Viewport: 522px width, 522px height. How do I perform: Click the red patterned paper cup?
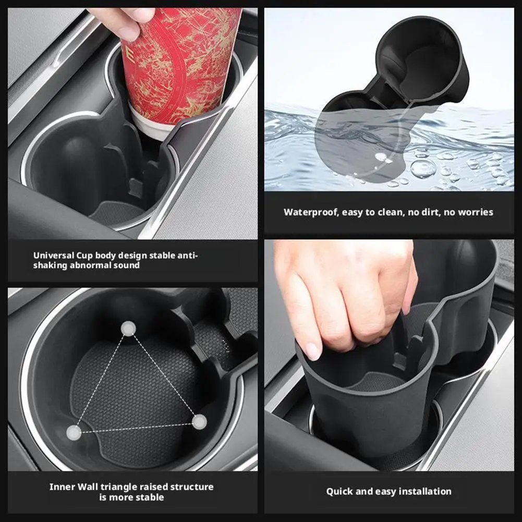coord(180,67)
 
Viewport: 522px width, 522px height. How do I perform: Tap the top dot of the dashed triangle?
coord(128,328)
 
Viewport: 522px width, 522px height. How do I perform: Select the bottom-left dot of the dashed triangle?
coord(74,433)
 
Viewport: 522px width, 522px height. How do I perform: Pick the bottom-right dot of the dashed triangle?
coord(199,422)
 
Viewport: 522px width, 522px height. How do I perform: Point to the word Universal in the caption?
coord(54,256)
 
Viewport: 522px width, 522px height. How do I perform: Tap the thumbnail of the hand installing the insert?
coord(389,355)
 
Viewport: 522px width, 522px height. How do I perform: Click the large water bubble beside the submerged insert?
coord(423,168)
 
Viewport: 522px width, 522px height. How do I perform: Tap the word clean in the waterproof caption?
coord(390,212)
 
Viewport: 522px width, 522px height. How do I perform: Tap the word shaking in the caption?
coord(48,265)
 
